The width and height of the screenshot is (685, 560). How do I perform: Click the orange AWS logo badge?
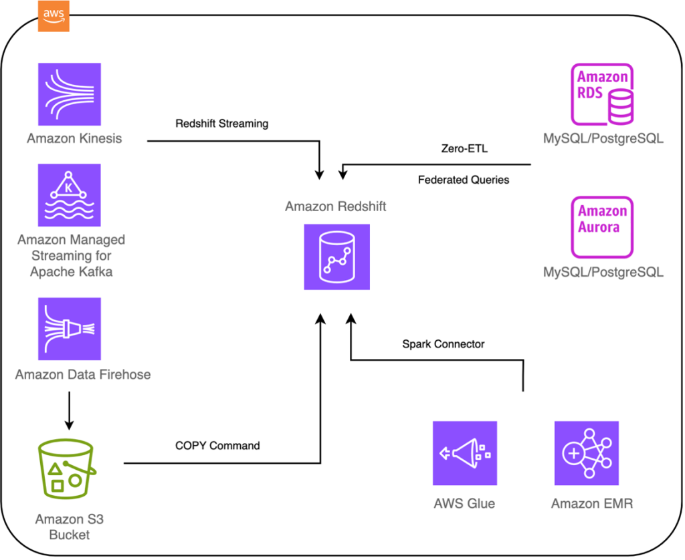tap(54, 16)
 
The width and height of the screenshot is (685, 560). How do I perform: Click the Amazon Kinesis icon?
tap(70, 95)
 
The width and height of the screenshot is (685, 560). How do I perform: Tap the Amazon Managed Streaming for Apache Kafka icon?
tap(70, 195)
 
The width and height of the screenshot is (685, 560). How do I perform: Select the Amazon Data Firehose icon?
tap(70, 329)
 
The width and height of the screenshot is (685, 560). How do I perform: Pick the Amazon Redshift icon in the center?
tap(336, 257)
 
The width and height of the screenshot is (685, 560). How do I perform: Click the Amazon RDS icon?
tap(602, 94)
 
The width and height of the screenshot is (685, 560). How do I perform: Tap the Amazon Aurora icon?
tap(602, 227)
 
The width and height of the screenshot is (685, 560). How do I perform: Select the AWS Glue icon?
tap(464, 452)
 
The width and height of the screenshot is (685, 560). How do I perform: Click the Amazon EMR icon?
tap(587, 452)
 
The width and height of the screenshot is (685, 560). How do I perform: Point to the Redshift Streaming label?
tap(221, 124)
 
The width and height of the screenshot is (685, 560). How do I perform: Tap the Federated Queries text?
tap(463, 180)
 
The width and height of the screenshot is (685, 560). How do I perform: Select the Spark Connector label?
tap(443, 344)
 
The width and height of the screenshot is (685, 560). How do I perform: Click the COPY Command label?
tap(217, 445)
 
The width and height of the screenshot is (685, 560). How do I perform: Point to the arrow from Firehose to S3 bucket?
tap(70, 410)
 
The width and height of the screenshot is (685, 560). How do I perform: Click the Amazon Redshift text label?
tap(335, 206)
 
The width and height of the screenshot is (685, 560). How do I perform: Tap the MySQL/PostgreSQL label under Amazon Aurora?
tap(603, 272)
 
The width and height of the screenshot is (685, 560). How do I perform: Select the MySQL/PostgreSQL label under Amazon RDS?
tap(603, 139)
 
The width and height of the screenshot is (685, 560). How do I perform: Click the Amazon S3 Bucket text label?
tap(70, 527)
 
